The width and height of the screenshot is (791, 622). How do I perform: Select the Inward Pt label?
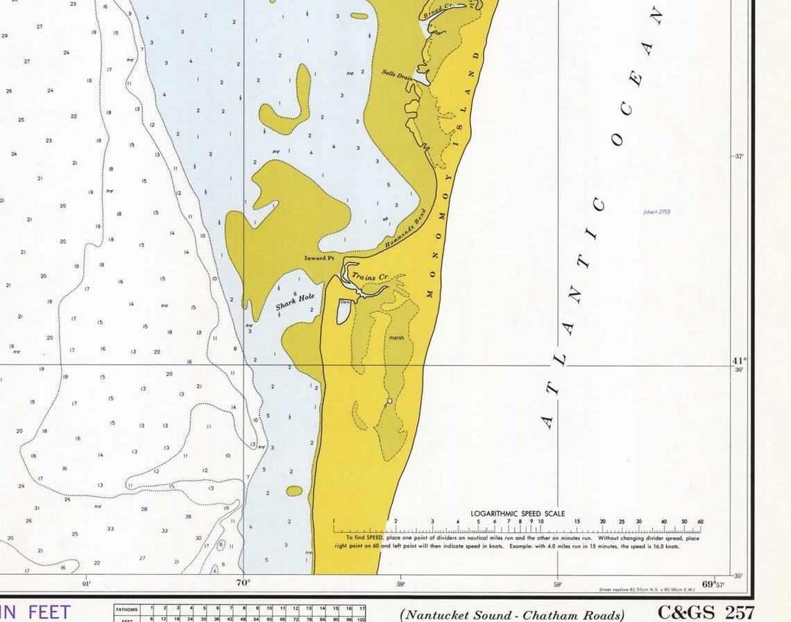[319, 258]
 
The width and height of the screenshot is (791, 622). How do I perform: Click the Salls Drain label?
[397, 74]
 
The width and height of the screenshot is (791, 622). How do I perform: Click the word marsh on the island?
[396, 338]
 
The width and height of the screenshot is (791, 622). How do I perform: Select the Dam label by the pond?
[345, 302]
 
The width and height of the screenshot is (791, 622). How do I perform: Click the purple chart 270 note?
[656, 212]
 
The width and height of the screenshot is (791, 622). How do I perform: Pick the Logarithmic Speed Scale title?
[517, 514]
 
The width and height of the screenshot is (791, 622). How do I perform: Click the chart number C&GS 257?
[706, 612]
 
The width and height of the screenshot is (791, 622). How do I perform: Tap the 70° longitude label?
[243, 583]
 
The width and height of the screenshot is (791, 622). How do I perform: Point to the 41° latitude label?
[739, 361]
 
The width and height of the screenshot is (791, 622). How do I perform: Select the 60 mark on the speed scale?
[700, 521]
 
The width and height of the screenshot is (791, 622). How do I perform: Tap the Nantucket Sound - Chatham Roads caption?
[513, 614]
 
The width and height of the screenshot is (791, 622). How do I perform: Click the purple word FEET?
[48, 612]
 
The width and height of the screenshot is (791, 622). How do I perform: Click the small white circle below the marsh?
[390, 401]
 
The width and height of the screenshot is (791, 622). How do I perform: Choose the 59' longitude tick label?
[400, 584]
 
